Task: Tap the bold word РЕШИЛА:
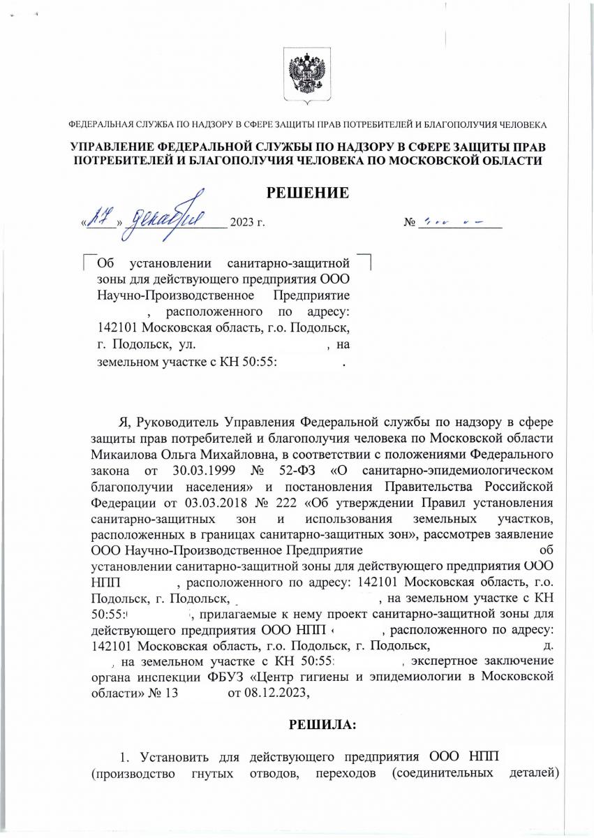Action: pos(322,725)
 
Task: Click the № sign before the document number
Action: pos(410,223)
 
